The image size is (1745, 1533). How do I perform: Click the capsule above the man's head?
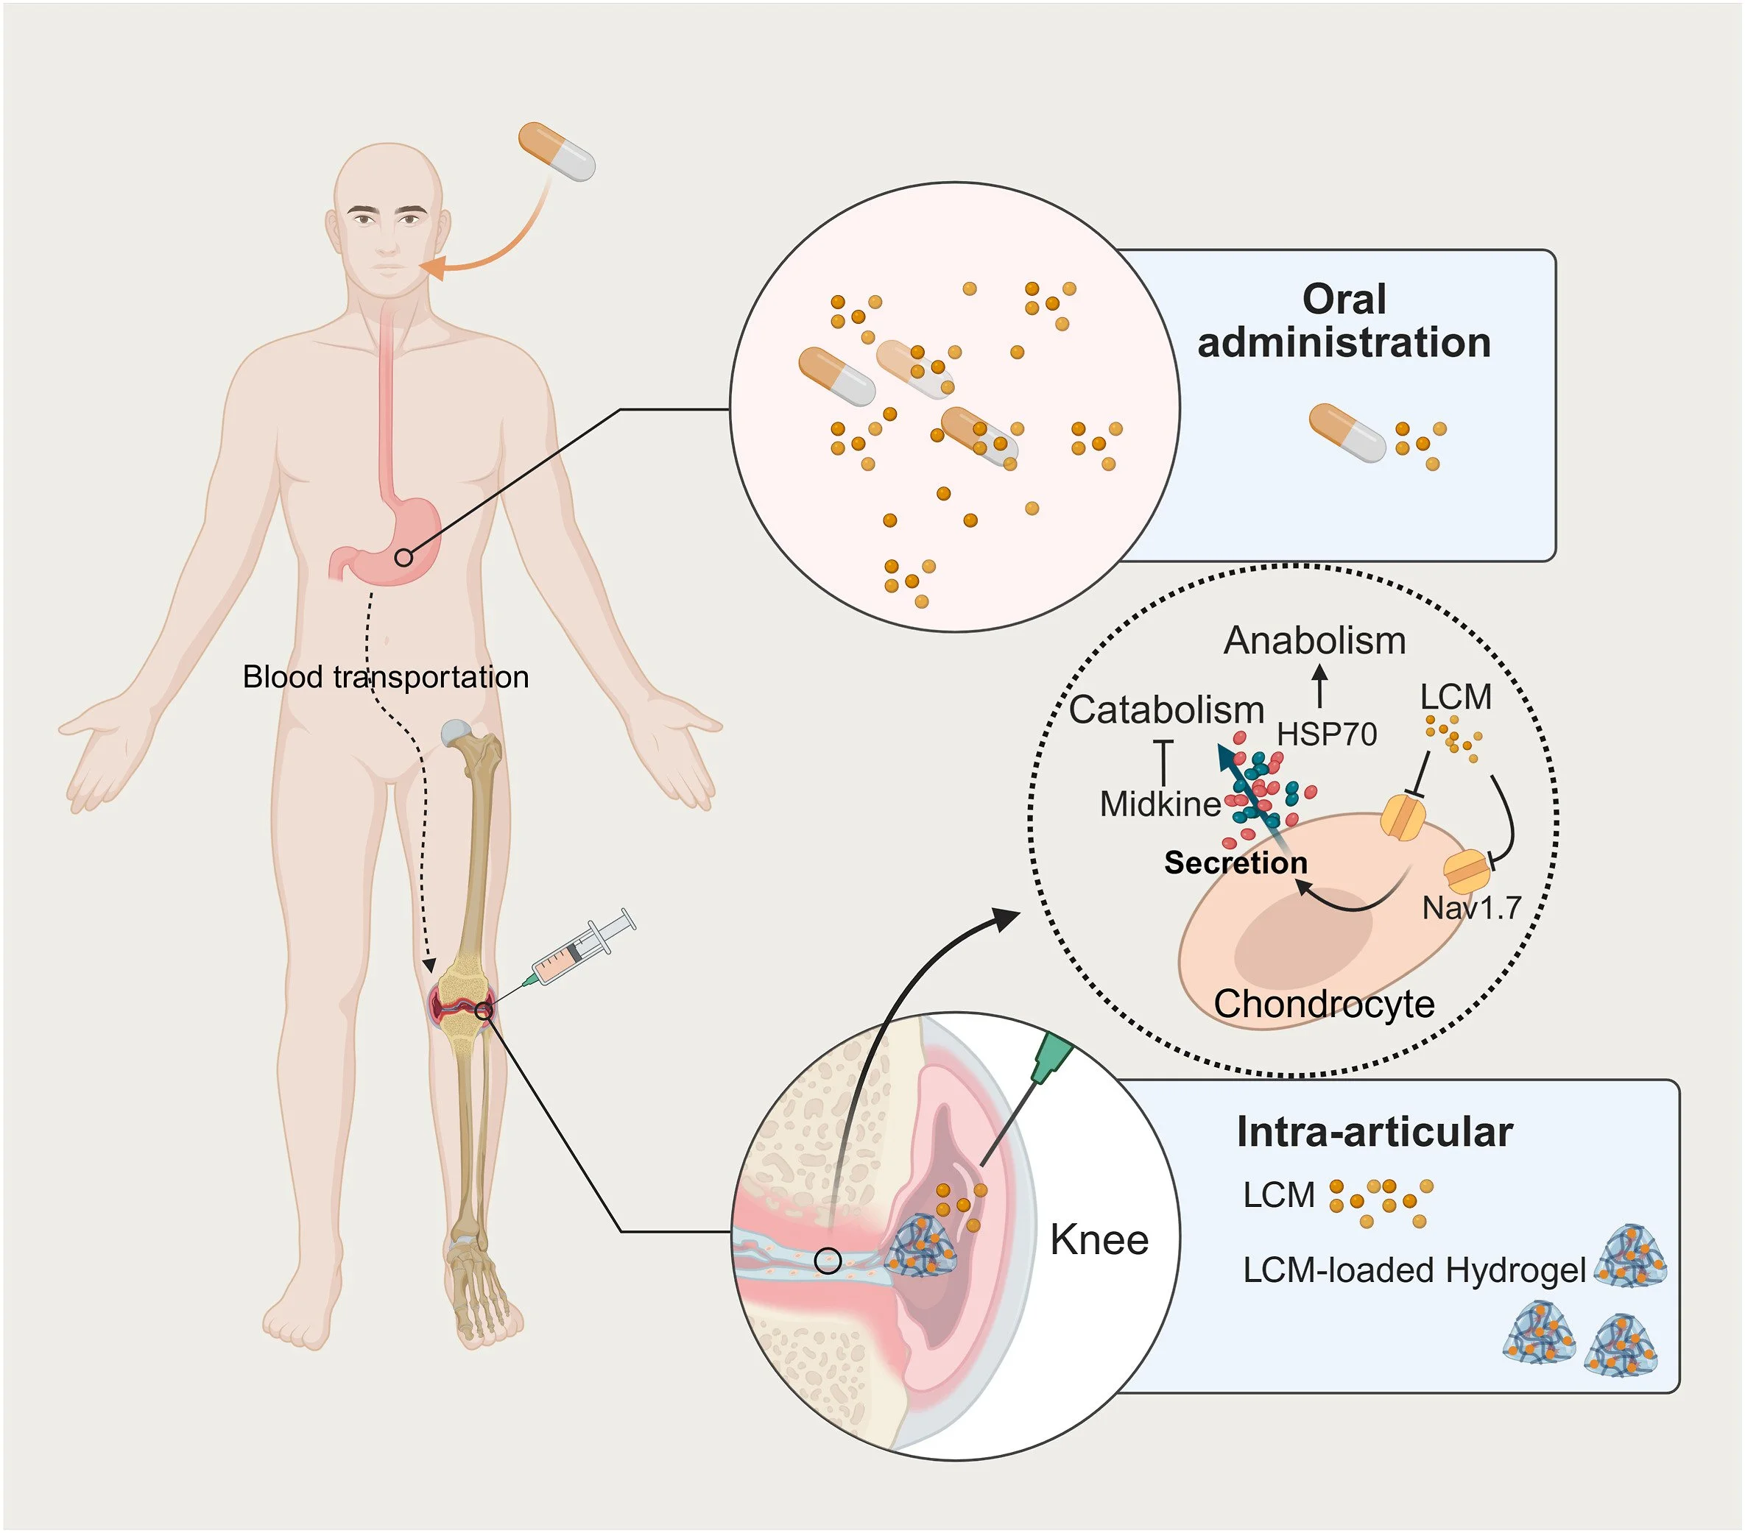pyautogui.click(x=557, y=151)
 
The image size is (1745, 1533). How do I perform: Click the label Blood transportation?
pyautogui.click(x=386, y=677)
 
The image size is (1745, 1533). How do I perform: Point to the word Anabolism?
pyautogui.click(x=1315, y=641)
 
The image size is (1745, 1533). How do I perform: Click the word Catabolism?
pyautogui.click(x=1166, y=710)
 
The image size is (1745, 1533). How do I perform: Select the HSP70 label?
pyautogui.click(x=1327, y=734)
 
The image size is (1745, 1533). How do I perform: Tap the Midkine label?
pyautogui.click(x=1160, y=804)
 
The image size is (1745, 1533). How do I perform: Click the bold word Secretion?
pyautogui.click(x=1235, y=863)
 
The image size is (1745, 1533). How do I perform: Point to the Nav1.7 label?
pyautogui.click(x=1472, y=907)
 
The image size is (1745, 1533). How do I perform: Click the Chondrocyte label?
pyautogui.click(x=1324, y=1005)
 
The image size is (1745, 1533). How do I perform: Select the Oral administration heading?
pyautogui.click(x=1344, y=321)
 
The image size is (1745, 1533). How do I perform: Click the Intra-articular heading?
pyautogui.click(x=1375, y=1132)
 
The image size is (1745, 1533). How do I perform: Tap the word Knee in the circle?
pyautogui.click(x=1099, y=1239)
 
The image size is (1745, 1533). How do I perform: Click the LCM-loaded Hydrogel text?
pyautogui.click(x=1414, y=1271)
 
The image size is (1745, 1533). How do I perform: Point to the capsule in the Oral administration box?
pyautogui.click(x=1347, y=433)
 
